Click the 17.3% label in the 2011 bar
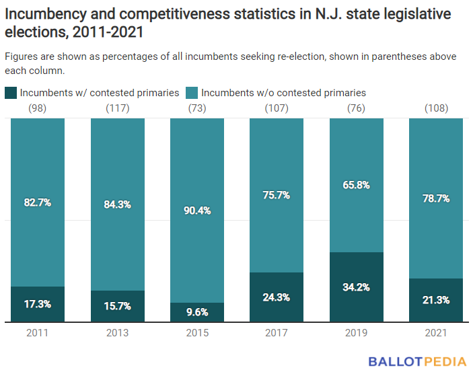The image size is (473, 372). coord(37,305)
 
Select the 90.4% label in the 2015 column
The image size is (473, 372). coord(196,211)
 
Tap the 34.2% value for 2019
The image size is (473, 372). coord(356,287)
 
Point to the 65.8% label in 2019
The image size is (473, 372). coord(356,185)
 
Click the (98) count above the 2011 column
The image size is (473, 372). coord(37,108)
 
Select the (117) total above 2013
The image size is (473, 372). coord(117,108)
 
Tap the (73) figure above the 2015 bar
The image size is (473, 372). coord(196,108)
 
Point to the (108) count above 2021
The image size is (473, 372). coord(436,108)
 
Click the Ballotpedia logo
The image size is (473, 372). coord(417,361)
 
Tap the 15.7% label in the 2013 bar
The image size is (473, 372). coord(117,306)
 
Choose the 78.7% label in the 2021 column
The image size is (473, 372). coord(436,198)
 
